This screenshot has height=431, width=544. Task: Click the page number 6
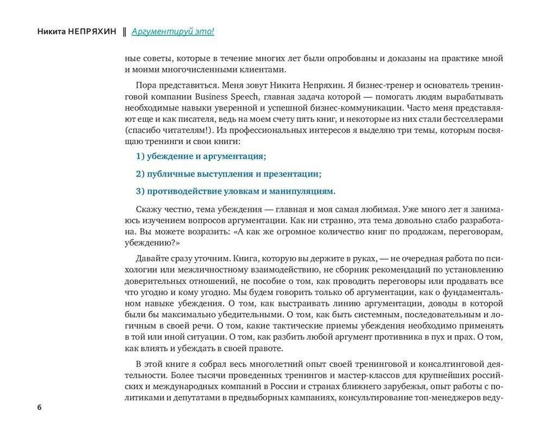[39, 408]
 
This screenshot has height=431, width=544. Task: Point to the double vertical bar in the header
[125, 31]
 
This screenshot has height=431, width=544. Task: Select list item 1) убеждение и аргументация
[201, 157]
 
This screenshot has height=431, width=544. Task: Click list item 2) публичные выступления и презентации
[228, 174]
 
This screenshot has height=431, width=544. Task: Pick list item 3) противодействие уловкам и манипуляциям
[236, 191]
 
